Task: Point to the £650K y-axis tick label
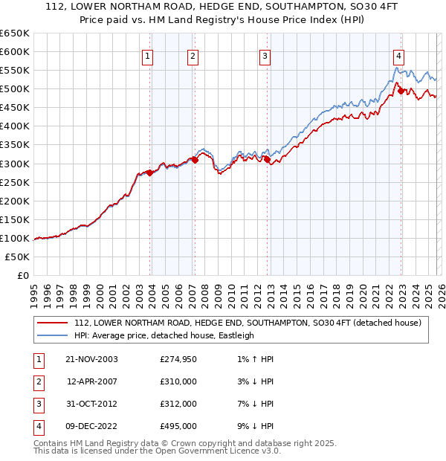click(x=15, y=33)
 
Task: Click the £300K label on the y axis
click(x=15, y=164)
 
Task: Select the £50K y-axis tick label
click(x=18, y=257)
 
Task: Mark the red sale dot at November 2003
click(x=150, y=173)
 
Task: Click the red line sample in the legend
click(x=52, y=323)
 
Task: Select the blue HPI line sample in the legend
click(x=52, y=335)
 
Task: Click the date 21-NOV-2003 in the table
click(x=91, y=359)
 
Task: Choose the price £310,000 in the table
click(x=178, y=381)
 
